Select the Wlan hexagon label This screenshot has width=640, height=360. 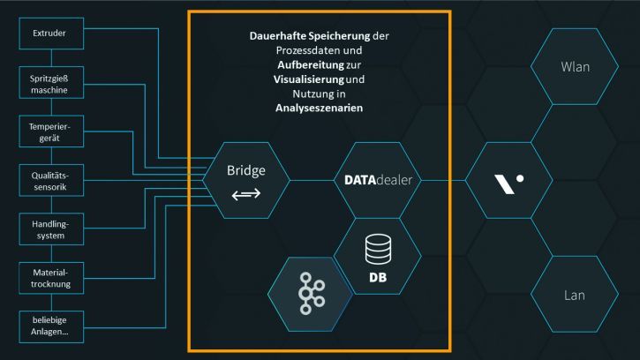point(576,67)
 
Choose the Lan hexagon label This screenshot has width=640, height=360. point(576,295)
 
